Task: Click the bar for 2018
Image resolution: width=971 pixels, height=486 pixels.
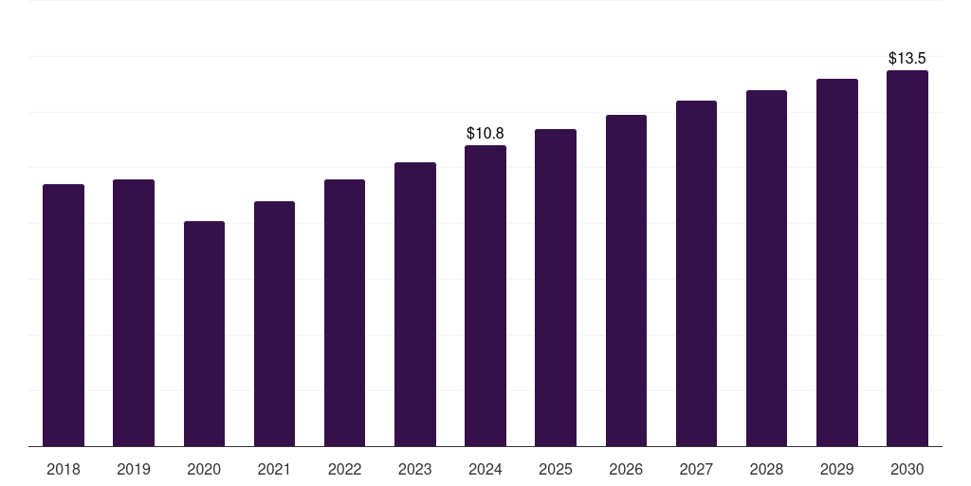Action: [64, 315]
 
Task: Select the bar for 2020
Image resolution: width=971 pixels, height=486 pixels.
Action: [204, 333]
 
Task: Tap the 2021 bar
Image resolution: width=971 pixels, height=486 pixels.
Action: [274, 324]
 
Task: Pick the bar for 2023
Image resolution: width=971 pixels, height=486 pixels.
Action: [415, 304]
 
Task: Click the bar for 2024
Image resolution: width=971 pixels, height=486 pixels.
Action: [485, 295]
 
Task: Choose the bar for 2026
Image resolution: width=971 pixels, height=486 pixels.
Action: [626, 280]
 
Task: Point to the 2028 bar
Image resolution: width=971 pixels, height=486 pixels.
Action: [766, 268]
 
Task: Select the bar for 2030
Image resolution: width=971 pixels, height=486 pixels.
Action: [907, 258]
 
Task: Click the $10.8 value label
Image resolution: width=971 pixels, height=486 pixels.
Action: [485, 134]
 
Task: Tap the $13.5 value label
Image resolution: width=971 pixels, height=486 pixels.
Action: [907, 59]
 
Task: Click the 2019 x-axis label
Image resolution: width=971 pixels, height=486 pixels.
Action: [134, 469]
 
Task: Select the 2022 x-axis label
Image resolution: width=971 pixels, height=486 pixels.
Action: [344, 469]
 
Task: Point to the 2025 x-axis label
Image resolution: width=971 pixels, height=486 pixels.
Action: [556, 469]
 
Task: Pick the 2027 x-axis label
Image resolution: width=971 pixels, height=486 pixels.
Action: [696, 469]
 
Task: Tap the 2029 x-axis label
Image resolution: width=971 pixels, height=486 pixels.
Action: [837, 469]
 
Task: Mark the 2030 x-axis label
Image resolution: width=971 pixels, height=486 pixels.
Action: [907, 469]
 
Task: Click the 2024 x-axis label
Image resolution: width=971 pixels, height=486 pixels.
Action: [485, 469]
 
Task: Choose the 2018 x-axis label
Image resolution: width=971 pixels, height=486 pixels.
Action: [64, 469]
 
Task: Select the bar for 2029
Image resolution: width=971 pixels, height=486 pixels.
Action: [837, 262]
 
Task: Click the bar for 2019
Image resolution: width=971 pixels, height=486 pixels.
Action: [134, 312]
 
